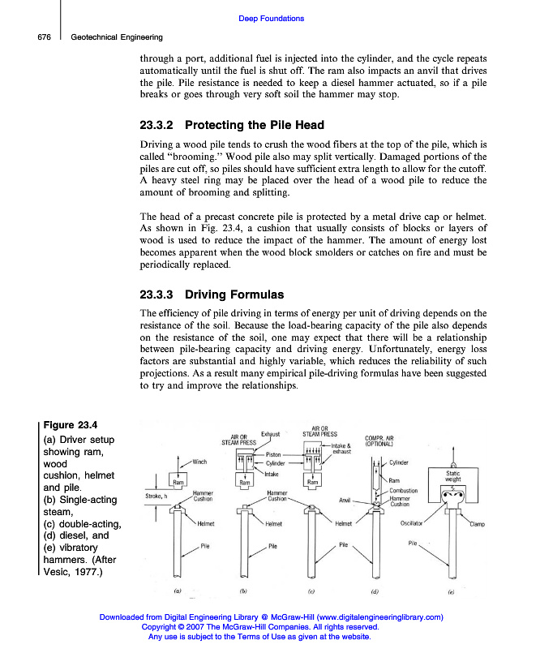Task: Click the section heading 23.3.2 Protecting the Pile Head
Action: tap(232, 125)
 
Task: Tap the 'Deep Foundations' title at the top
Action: tap(272, 18)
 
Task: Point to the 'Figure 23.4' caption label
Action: tap(71, 425)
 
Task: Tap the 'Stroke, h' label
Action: tap(156, 494)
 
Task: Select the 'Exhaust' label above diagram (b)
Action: tap(270, 435)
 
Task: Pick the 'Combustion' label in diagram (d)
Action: tap(403, 491)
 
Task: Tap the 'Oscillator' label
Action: tap(413, 523)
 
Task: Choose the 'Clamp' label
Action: tap(478, 523)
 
